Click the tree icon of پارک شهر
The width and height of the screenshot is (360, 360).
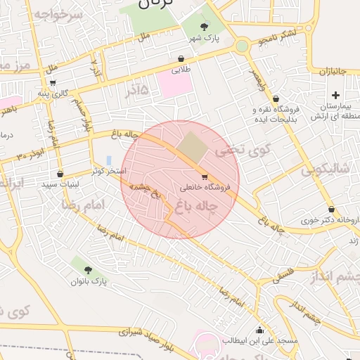(x=204, y=26)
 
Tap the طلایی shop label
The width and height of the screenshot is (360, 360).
(x=181, y=70)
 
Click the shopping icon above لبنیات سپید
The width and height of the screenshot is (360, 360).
(x=60, y=173)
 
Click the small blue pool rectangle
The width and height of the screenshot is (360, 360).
(x=108, y=161)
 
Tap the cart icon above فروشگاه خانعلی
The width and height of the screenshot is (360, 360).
(x=205, y=176)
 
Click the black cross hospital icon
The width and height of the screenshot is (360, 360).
(x=335, y=95)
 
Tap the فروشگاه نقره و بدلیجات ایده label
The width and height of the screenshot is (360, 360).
(x=276, y=113)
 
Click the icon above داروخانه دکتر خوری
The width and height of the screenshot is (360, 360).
(x=331, y=209)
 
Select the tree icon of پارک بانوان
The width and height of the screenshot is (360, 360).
(x=87, y=269)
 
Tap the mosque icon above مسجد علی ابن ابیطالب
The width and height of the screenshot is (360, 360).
(x=260, y=330)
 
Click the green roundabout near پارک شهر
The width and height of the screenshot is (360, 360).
(x=243, y=46)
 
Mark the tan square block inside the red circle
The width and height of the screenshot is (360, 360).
(x=188, y=147)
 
